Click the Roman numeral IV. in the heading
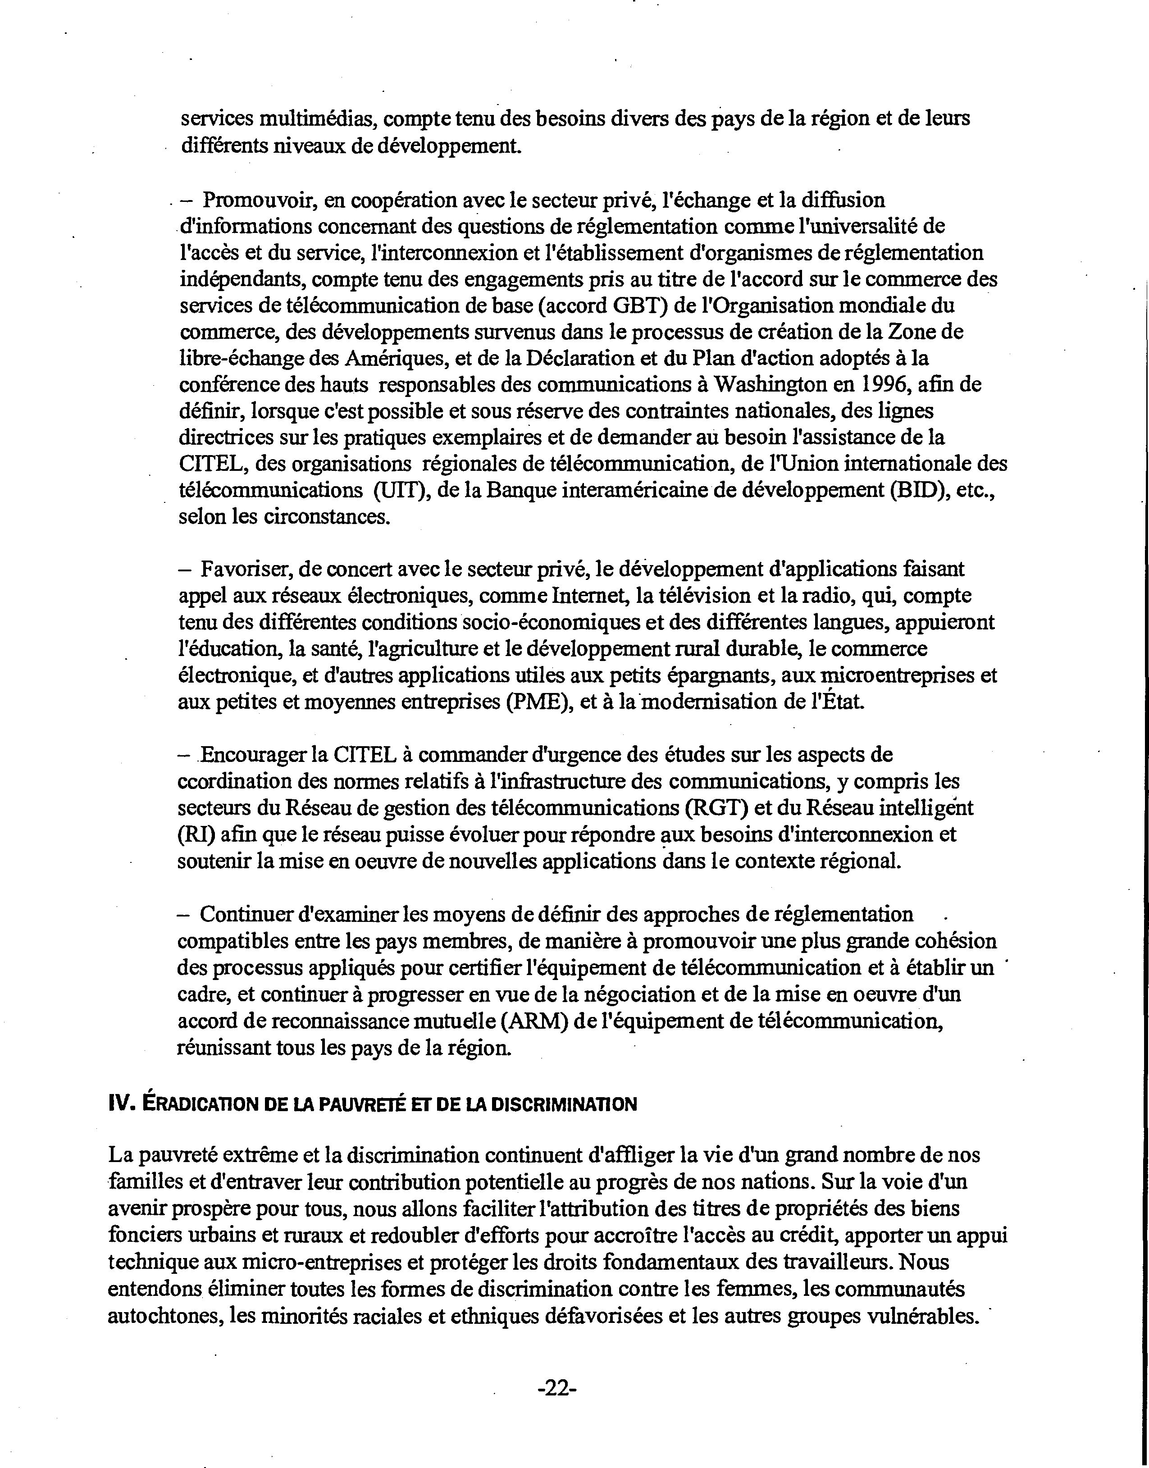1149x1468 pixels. tap(121, 1105)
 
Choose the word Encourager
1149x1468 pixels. tap(254, 754)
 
